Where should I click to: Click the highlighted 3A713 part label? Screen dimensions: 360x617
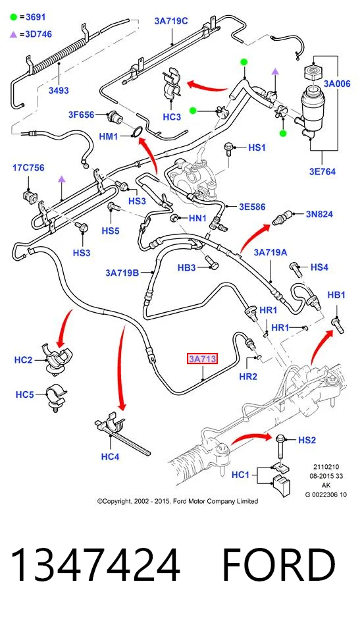coord(202,359)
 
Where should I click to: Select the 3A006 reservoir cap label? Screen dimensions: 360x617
coord(337,84)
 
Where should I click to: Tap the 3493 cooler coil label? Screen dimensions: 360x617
coord(59,90)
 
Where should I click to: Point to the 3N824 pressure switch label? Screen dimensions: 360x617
coord(319,214)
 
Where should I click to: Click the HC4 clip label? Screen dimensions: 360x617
coord(110,456)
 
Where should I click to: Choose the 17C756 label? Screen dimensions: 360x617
coord(28,168)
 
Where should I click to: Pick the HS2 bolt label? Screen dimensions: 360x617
coord(307,440)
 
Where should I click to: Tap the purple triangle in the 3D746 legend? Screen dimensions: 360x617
coord(13,34)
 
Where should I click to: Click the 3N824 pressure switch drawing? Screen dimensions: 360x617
coord(282,217)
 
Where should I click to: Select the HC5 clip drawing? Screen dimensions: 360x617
coord(56,398)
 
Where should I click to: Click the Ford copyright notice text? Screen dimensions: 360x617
coord(178,501)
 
